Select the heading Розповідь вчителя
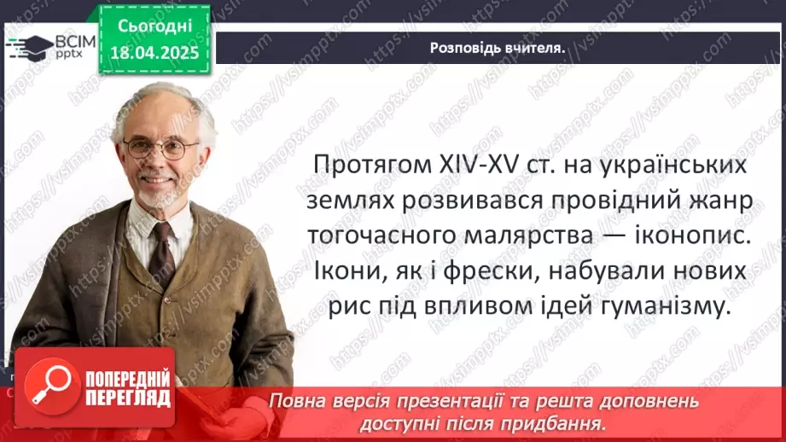coord(498,48)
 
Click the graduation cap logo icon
coord(27,46)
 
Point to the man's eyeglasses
coord(160,148)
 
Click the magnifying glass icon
coord(48,383)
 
